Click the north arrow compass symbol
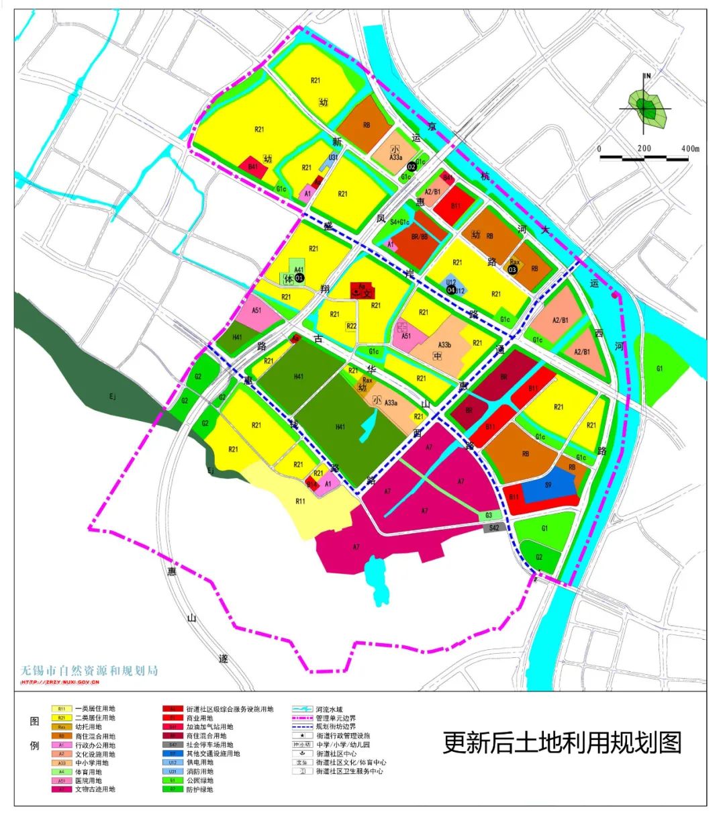tap(646, 107)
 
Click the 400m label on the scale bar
tap(689, 148)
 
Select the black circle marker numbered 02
tap(412, 166)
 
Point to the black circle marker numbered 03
tap(513, 269)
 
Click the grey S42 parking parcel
tap(493, 528)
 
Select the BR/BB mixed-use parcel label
tap(420, 237)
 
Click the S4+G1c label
tap(401, 222)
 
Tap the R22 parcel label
tap(351, 326)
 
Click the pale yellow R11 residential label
tap(301, 501)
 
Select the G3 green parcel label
tap(489, 516)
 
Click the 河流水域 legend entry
tap(329, 709)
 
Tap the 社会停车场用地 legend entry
tap(210, 745)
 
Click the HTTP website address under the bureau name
tap(60, 683)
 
